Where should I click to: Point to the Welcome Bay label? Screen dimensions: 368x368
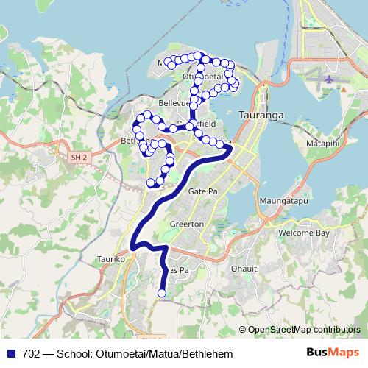tap(302, 233)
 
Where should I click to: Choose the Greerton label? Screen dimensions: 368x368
tap(185, 224)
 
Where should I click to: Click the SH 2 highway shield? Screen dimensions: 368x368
tap(79, 158)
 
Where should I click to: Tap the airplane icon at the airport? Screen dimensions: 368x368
tap(328, 77)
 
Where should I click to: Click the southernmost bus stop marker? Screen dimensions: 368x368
tap(161, 294)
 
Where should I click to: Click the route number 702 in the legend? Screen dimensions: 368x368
tap(32, 353)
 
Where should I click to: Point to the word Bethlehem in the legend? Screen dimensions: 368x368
tap(207, 353)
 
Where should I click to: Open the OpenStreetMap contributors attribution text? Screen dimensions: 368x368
tap(305, 330)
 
